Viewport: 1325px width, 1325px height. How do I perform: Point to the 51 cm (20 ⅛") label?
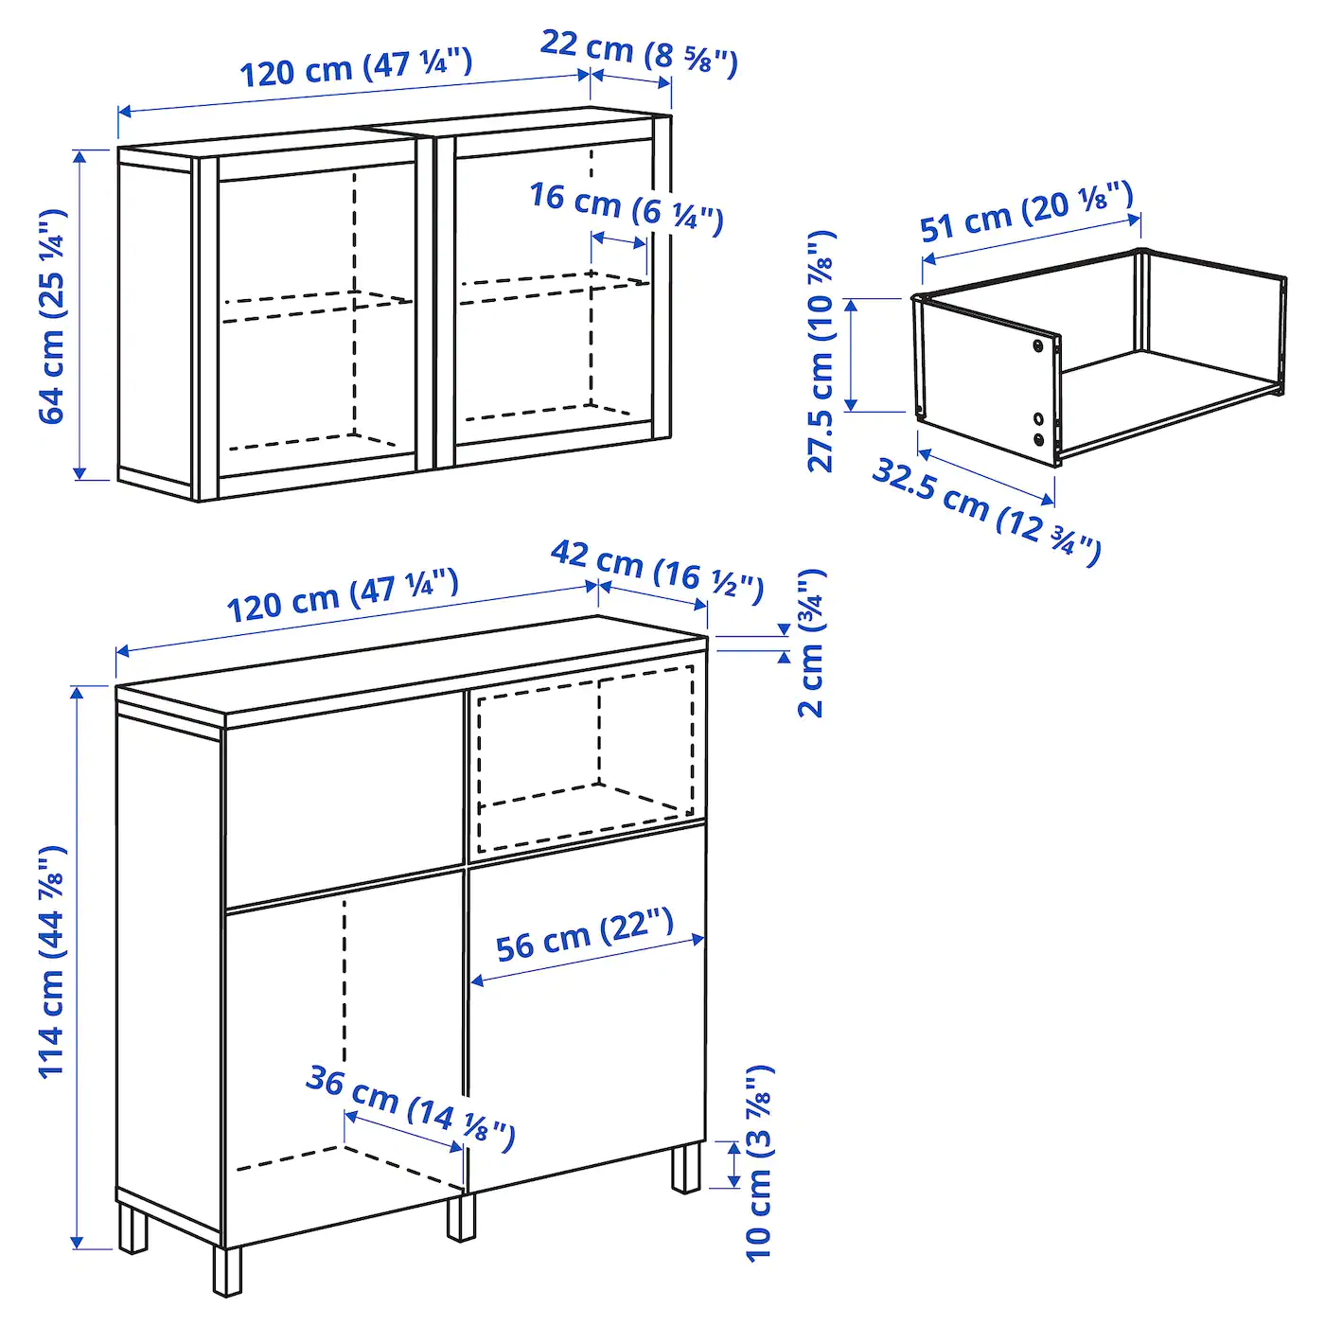coord(1026,213)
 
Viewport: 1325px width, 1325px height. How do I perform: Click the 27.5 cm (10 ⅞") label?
coord(821,351)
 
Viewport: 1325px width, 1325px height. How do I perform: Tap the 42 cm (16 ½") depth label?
coord(657,572)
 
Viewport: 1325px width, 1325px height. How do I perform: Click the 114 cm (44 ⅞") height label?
coord(52,961)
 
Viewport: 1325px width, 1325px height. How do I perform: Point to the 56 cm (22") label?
coord(584,935)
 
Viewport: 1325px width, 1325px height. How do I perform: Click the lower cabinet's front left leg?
coord(227,1271)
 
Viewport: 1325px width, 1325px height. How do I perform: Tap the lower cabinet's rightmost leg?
coord(686,1168)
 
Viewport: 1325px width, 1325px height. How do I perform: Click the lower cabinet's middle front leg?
coord(461,1217)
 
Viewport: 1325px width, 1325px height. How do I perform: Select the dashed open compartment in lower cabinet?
coord(585,757)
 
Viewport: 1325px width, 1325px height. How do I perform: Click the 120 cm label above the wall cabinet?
coord(355,68)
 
